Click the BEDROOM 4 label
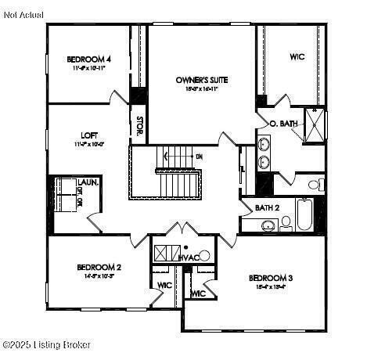pos(88,59)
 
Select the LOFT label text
pos(88,135)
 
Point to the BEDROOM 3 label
pos(271,278)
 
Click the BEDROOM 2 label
pos(99,267)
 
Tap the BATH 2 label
pos(268,207)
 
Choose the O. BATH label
pos(283,124)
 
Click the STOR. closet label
pos(139,126)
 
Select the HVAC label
pos(189,257)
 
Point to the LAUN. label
pos(87,182)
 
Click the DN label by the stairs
pos(199,157)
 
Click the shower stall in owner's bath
pos(315,125)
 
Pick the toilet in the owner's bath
pos(315,185)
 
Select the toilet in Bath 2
pos(286,223)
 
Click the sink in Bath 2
pos(268,226)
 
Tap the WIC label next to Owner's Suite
pos(297,57)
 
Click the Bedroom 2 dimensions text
pos(99,276)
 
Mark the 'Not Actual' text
pos(23,15)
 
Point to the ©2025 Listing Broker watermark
pos(47,344)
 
